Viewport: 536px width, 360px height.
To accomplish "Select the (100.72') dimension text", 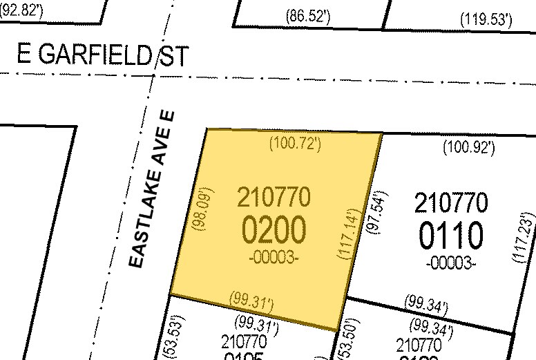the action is (x=294, y=144).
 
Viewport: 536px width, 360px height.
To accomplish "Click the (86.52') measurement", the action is (x=307, y=17).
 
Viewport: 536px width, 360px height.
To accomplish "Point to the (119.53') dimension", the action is (x=486, y=19).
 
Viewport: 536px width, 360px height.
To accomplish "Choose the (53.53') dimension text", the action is (x=169, y=337).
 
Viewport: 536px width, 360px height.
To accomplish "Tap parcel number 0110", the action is (x=450, y=237).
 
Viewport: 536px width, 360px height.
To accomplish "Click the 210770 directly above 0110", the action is (x=450, y=203).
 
